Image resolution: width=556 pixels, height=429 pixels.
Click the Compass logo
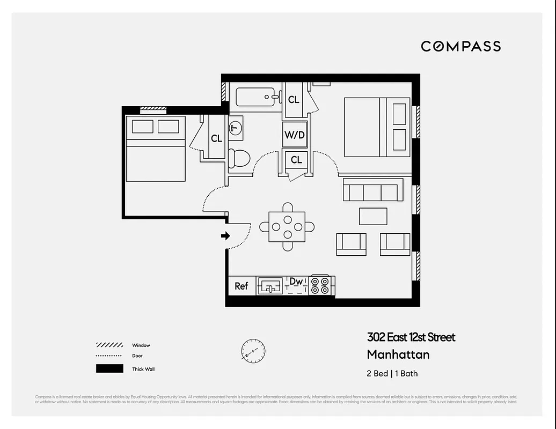[460, 47]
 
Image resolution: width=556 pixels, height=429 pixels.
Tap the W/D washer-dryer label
[294, 135]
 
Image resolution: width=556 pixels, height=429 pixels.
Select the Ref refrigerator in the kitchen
[242, 286]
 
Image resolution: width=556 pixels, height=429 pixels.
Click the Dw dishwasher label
[296, 282]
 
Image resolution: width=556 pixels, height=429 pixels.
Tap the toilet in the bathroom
[239, 158]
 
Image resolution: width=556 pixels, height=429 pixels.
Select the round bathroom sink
[236, 128]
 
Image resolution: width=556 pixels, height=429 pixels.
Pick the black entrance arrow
[225, 236]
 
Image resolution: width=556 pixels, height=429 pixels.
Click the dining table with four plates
[288, 227]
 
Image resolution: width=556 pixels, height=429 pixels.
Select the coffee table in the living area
[373, 216]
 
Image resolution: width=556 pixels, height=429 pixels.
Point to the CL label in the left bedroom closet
[216, 139]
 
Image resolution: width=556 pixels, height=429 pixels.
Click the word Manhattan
[398, 354]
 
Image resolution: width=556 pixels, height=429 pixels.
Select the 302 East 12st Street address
[411, 337]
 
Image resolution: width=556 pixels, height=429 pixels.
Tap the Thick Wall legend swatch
[109, 369]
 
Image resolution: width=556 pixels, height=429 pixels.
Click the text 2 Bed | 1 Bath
[392, 373]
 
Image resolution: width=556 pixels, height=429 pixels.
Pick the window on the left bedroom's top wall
[153, 109]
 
